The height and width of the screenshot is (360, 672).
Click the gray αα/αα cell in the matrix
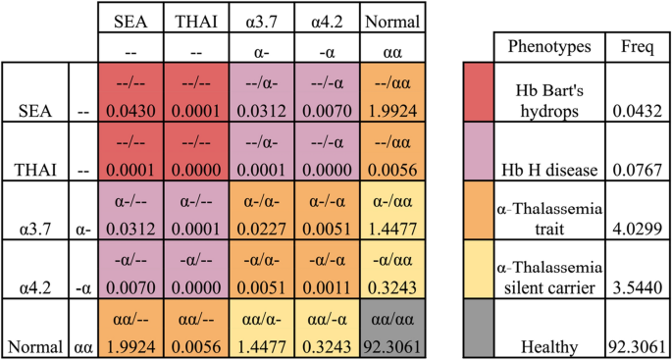392,331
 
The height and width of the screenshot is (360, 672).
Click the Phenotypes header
547,47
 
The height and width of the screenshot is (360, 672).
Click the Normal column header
392,20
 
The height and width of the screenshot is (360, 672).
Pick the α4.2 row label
34,291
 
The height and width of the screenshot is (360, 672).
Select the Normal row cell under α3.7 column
262,331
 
